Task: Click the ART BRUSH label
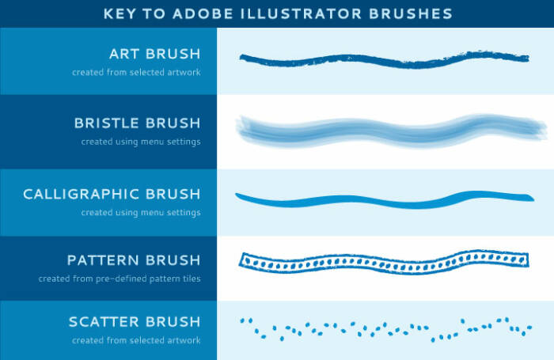click(155, 55)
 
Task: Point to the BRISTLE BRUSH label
click(137, 123)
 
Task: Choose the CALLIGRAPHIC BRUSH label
click(112, 194)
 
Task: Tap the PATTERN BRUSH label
click(134, 260)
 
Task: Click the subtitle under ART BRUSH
click(136, 73)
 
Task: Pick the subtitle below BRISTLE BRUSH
click(140, 142)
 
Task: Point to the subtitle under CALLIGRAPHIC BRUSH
click(140, 212)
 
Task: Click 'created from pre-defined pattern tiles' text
click(119, 279)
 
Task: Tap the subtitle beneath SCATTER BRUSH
click(136, 341)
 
